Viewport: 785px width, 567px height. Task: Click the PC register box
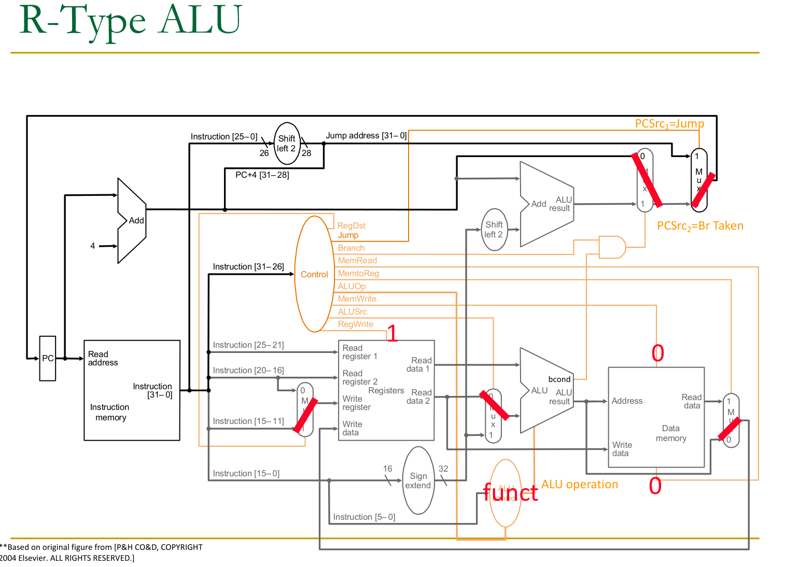(48, 358)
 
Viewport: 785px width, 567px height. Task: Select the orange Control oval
(314, 274)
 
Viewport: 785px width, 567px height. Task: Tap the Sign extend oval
(418, 480)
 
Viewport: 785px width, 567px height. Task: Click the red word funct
(510, 492)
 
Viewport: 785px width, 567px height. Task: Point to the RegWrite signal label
(355, 324)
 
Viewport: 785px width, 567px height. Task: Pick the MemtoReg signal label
(358, 273)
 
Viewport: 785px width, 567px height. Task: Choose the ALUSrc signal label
(353, 311)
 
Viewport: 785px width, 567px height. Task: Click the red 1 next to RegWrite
(392, 333)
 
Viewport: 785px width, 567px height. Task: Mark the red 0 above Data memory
(657, 353)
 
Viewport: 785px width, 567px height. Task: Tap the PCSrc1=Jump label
(669, 123)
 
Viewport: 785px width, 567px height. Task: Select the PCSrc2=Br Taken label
(700, 226)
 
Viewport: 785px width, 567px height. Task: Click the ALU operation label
(580, 484)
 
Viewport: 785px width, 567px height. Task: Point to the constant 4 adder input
(93, 246)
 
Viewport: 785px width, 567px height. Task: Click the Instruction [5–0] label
(364, 517)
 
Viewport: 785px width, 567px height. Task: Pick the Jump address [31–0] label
(366, 135)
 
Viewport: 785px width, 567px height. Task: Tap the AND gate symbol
(612, 247)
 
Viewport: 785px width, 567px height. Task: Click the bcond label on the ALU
(559, 379)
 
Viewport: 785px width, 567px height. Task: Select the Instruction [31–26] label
(248, 266)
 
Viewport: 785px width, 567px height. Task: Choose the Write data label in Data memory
(622, 449)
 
